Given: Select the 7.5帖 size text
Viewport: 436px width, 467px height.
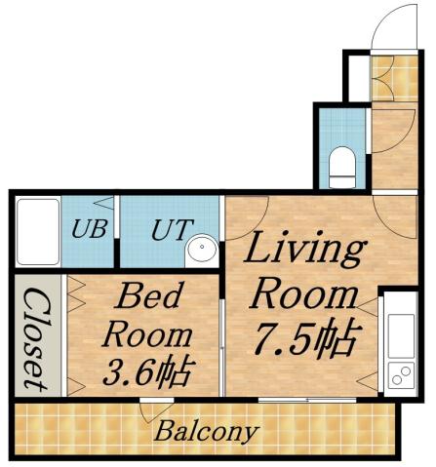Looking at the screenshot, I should pyautogui.click(x=303, y=337).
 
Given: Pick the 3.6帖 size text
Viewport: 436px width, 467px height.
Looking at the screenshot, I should pyautogui.click(x=146, y=371).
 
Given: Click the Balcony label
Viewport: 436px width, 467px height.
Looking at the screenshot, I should pyautogui.click(x=206, y=430).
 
